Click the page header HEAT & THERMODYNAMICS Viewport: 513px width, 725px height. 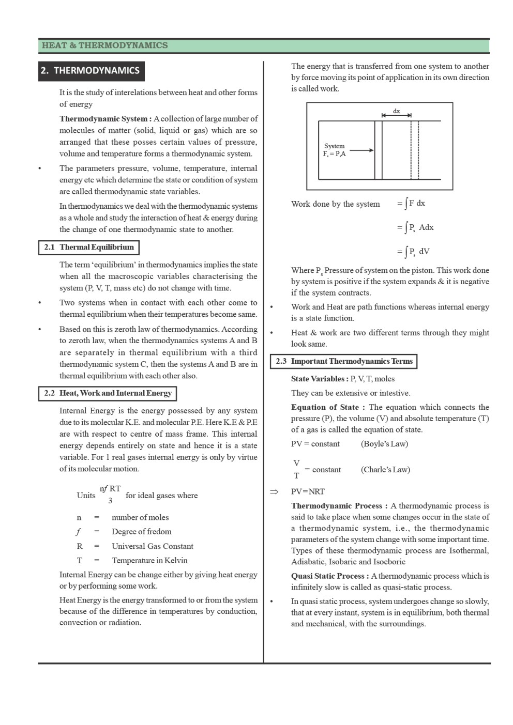(104, 45)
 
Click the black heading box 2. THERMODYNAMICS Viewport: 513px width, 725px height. (91, 71)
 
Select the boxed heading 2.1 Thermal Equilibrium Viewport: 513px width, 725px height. (89, 248)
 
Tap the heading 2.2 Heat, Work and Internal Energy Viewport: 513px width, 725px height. (108, 393)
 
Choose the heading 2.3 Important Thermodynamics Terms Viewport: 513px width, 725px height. (344, 361)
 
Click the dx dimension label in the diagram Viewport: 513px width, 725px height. (396, 111)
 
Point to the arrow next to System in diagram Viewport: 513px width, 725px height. (361, 150)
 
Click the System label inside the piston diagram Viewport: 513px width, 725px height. (334, 146)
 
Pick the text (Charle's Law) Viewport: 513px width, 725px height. (385, 470)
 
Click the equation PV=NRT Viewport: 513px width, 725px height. (308, 491)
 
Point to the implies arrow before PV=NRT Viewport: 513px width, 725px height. (274, 491)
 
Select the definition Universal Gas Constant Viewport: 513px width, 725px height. (153, 546)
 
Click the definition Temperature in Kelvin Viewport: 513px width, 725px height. (149, 561)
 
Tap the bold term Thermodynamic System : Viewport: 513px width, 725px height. (105, 119)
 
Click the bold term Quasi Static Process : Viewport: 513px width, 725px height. (330, 576)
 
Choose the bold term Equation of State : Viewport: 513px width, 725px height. (328, 407)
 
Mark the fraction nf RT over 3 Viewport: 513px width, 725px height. (110, 495)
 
